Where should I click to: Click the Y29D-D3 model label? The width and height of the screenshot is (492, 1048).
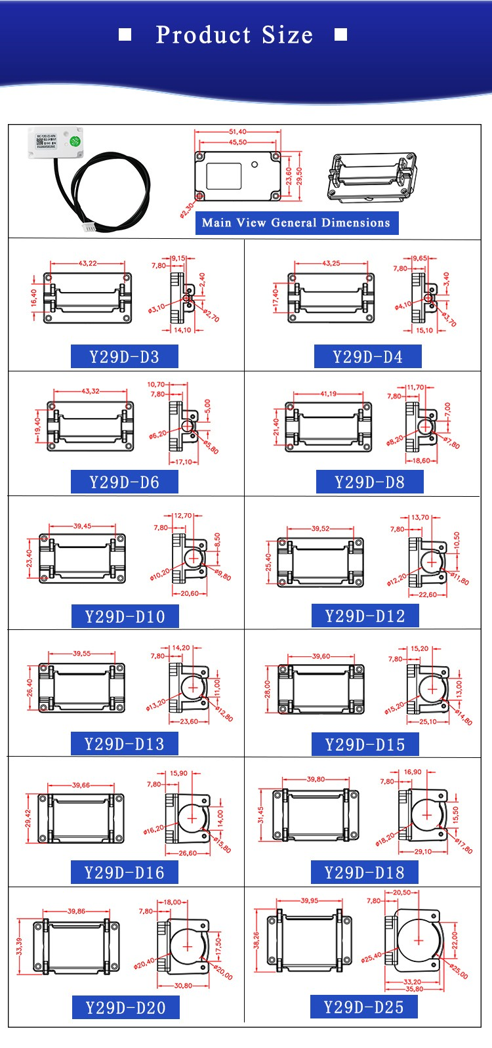pos(124,357)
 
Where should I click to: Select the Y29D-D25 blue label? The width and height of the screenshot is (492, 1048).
pos(364,1007)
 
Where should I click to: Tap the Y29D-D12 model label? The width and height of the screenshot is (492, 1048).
pos(365,616)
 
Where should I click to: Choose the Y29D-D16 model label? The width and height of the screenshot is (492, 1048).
pos(124,872)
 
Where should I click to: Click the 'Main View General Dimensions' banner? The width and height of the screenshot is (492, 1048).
pos(296,223)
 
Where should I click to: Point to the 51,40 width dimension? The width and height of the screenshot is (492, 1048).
pos(237,132)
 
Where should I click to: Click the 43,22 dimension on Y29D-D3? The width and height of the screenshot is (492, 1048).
pos(87,263)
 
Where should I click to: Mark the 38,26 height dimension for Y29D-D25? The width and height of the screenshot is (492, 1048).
pos(256,940)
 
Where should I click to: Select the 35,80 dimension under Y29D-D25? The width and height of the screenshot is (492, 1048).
pos(414,989)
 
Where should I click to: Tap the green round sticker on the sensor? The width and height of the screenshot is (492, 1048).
pos(75,141)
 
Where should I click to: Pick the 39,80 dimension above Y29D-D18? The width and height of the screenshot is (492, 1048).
pos(316,780)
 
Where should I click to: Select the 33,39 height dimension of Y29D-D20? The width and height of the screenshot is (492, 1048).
pos(19,946)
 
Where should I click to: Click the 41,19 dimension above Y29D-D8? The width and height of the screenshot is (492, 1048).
pos(328,394)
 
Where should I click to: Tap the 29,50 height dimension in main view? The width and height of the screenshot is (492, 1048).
pos(299,176)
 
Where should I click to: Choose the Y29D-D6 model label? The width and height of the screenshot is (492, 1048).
pos(124,482)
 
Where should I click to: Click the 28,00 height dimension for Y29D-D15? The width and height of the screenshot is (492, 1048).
pos(268,688)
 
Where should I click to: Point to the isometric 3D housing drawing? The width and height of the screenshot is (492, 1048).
pos(371,177)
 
